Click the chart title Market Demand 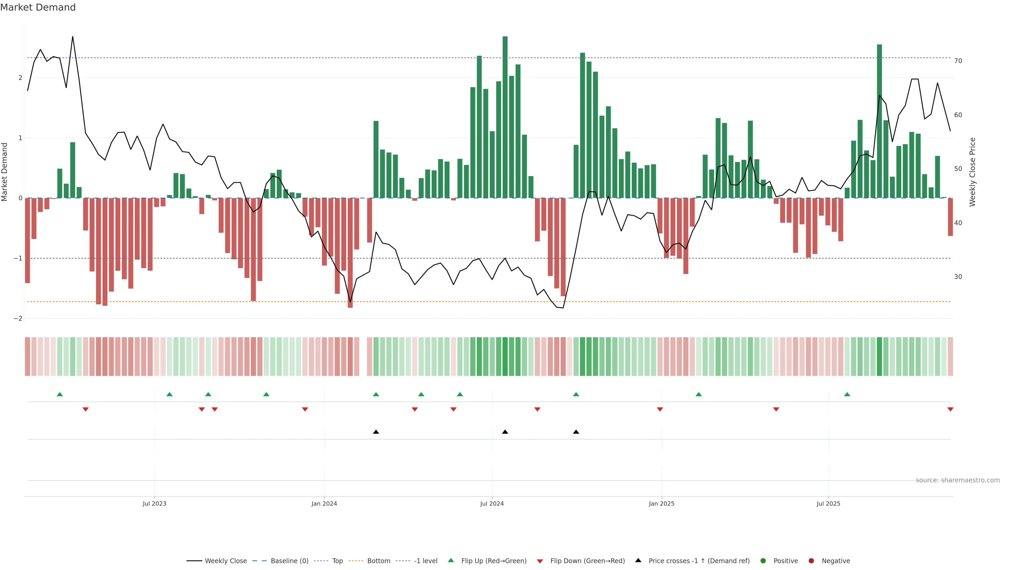point(38,7)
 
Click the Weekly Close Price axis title point(972,172)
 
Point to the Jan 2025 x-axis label point(661,503)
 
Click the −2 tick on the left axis point(18,318)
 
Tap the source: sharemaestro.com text point(958,480)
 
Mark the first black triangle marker point(376,432)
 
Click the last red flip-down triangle point(950,410)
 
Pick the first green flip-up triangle point(60,394)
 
